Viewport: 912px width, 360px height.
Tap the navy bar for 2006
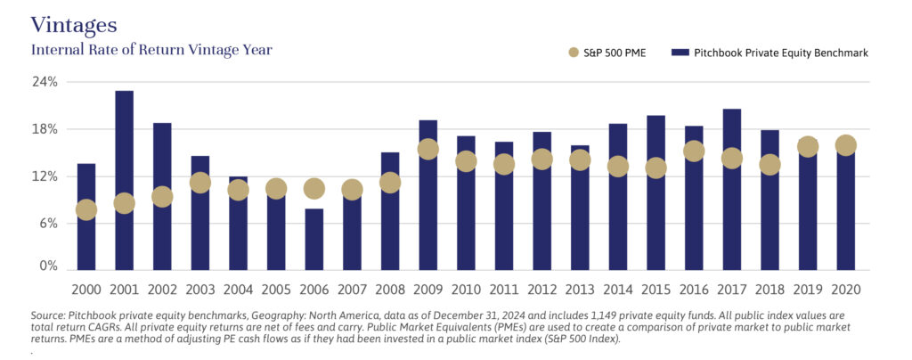coord(313,245)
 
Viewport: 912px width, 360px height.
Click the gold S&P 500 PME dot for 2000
coord(86,210)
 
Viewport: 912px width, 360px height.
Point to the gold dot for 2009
coord(427,150)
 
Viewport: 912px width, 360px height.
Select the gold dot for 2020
coord(845,145)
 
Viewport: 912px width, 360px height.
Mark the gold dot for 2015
coord(655,168)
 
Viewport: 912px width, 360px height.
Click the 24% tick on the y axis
coord(45,82)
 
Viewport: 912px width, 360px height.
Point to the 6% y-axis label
coord(46,224)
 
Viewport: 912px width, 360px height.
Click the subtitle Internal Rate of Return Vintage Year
coord(151,50)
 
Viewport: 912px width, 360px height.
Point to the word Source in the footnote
coord(51,315)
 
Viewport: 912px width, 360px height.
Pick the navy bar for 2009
coord(427,214)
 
